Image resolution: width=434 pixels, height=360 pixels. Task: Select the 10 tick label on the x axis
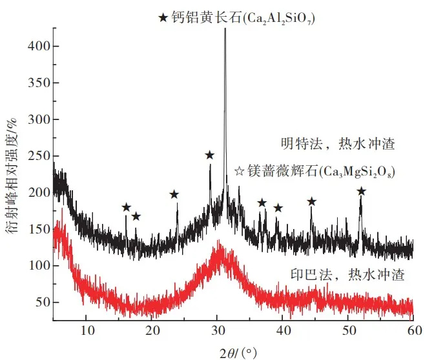[x=87, y=331]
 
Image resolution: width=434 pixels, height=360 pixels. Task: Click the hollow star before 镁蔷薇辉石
[x=239, y=171]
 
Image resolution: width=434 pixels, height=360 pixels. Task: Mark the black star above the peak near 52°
[x=361, y=191]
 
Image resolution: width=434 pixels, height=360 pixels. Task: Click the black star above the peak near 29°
[x=209, y=155]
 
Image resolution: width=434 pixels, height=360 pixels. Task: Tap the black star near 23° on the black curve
[x=174, y=194]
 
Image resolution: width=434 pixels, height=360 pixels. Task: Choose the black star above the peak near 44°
[x=311, y=201]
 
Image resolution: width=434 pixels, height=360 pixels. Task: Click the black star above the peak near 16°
[x=126, y=207]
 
